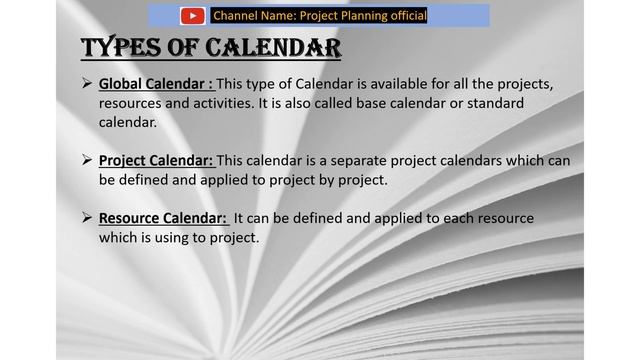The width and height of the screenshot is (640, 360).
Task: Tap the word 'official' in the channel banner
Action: (x=403, y=15)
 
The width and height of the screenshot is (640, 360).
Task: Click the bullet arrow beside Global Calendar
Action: (x=86, y=83)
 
